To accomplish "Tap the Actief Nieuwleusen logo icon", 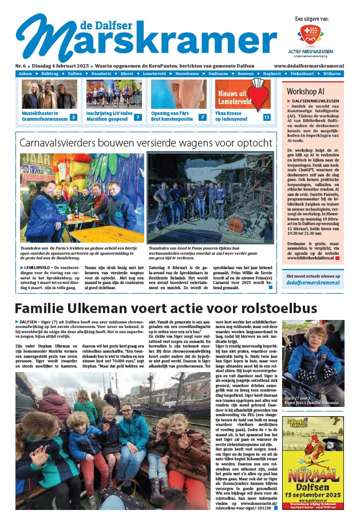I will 311,38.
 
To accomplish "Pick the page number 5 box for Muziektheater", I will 73,117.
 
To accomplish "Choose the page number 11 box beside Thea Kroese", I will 266,117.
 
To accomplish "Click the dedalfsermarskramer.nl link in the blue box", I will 313,283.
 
